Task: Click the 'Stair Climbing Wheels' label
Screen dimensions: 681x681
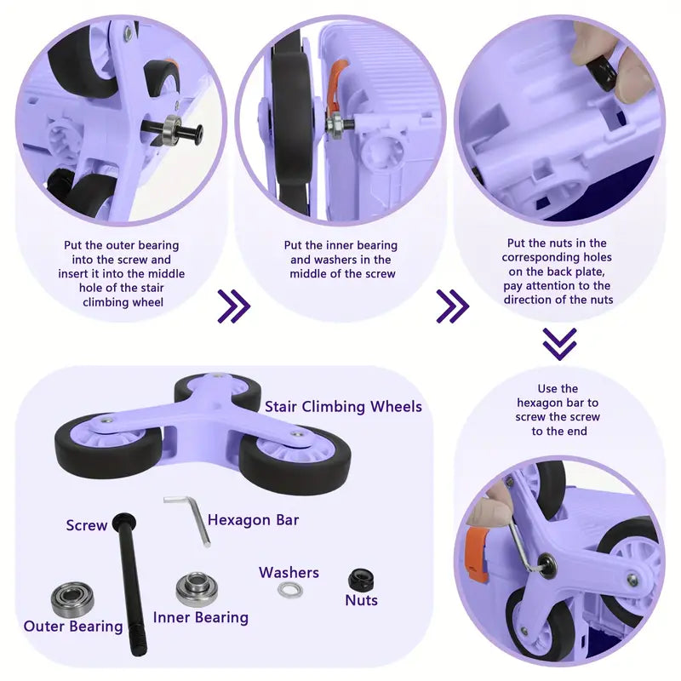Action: point(343,406)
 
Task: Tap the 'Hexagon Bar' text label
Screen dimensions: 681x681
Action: point(253,519)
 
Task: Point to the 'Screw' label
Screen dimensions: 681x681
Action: point(87,525)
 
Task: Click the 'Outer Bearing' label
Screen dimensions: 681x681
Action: point(73,627)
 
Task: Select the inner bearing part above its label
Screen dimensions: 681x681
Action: point(197,589)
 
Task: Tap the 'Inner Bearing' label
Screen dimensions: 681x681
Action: point(201,617)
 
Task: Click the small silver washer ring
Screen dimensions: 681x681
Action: point(290,590)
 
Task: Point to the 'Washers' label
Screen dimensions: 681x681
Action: point(289,572)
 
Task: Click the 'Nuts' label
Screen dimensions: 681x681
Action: point(362,600)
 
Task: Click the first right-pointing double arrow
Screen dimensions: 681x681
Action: point(233,306)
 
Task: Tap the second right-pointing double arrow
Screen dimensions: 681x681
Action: point(452,306)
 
